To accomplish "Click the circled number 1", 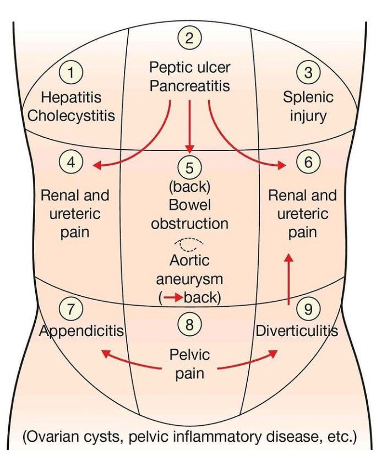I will click(72, 72).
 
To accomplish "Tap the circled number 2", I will click(189, 38).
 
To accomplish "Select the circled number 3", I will click(308, 72).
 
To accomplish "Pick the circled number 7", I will click(71, 309).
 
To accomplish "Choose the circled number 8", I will click(189, 325).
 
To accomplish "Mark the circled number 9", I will click(308, 309).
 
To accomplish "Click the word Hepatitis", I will click(72, 97).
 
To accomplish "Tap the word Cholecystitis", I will click(72, 116).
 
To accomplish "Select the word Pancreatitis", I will click(189, 86).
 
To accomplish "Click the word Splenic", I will click(308, 97).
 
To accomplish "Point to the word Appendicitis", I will click(81, 331).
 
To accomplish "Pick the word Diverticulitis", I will click(296, 331).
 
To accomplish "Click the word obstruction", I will click(189, 224).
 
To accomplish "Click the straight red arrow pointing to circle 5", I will click(189, 127).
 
